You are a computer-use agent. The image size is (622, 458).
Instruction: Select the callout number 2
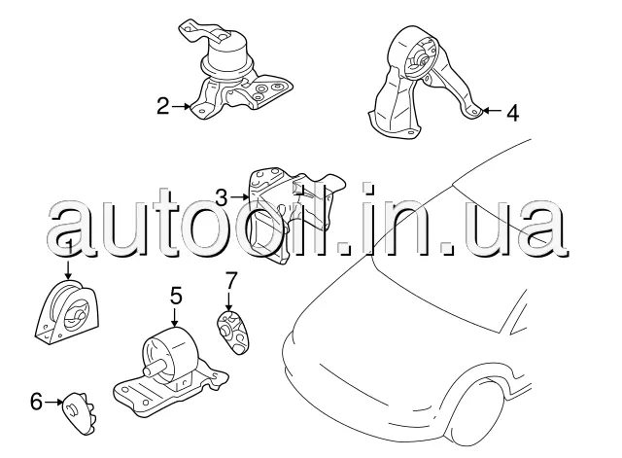tap(163, 106)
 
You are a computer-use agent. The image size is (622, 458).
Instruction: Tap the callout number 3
tap(222, 197)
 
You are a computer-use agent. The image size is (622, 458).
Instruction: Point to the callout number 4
tap(512, 113)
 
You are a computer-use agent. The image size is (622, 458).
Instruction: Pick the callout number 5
tap(176, 296)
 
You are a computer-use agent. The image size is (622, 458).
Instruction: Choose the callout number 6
tap(36, 402)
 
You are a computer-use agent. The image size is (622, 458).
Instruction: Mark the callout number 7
tap(231, 280)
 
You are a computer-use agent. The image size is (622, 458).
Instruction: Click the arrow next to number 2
tap(182, 106)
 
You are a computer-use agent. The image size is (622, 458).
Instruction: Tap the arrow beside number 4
tap(492, 110)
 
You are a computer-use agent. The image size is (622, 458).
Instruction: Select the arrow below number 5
tap(175, 318)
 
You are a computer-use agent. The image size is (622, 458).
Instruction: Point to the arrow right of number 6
tap(53, 402)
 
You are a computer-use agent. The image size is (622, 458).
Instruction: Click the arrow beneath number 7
tap(228, 300)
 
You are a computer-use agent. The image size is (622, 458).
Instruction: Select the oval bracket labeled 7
tap(232, 333)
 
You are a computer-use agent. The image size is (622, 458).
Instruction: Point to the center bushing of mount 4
tap(423, 60)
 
